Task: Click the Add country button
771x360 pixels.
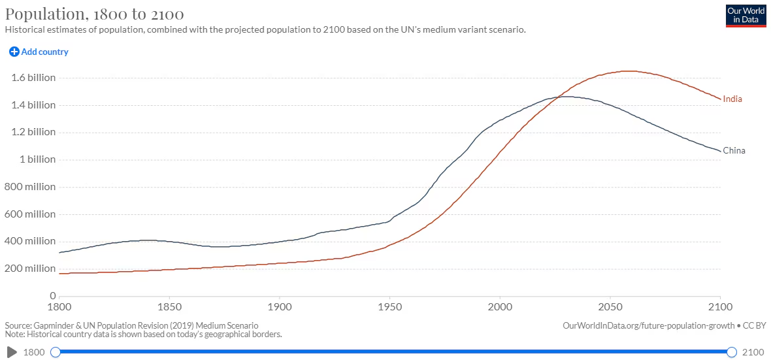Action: click(x=39, y=52)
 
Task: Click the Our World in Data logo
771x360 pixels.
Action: click(x=746, y=15)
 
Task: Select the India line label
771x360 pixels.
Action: click(x=732, y=99)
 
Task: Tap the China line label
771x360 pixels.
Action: click(x=734, y=150)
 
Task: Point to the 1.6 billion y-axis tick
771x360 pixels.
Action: click(x=33, y=78)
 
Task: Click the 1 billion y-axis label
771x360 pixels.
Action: click(x=37, y=159)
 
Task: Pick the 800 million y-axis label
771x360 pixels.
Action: click(x=30, y=187)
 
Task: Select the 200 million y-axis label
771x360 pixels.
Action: click(x=30, y=269)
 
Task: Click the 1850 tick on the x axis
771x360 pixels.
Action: click(x=169, y=306)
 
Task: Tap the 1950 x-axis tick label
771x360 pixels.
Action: click(x=389, y=306)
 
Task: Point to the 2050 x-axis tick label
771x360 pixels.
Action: click(x=610, y=306)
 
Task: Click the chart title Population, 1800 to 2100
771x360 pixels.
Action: click(x=94, y=14)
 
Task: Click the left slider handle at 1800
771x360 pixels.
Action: click(x=56, y=352)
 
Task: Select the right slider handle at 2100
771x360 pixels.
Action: click(x=732, y=352)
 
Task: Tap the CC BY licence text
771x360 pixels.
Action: click(x=755, y=325)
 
